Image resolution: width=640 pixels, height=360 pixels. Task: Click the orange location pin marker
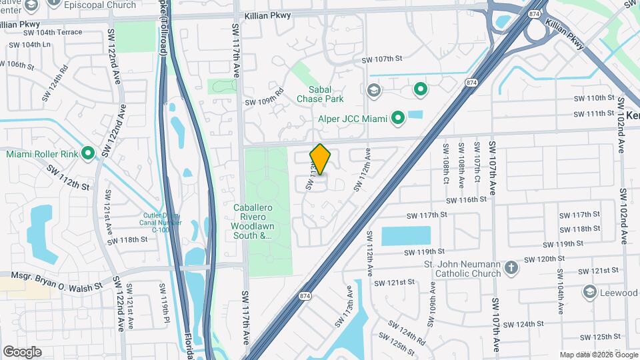tap(320, 159)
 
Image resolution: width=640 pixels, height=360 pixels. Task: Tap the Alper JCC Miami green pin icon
tap(398, 119)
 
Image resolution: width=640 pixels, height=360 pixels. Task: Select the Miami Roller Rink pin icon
tap(88, 153)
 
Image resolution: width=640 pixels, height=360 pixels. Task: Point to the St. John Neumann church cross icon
tap(511, 268)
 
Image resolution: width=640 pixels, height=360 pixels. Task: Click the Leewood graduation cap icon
tap(589, 293)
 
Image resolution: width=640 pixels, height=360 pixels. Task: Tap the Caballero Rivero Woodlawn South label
tap(253, 221)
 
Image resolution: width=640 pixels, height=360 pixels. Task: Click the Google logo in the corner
tap(22, 351)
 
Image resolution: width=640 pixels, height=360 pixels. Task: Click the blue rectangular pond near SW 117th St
tap(405, 237)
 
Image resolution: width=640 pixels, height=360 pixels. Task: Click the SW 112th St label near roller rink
tap(68, 176)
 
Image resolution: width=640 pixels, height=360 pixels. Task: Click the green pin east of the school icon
tap(420, 88)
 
